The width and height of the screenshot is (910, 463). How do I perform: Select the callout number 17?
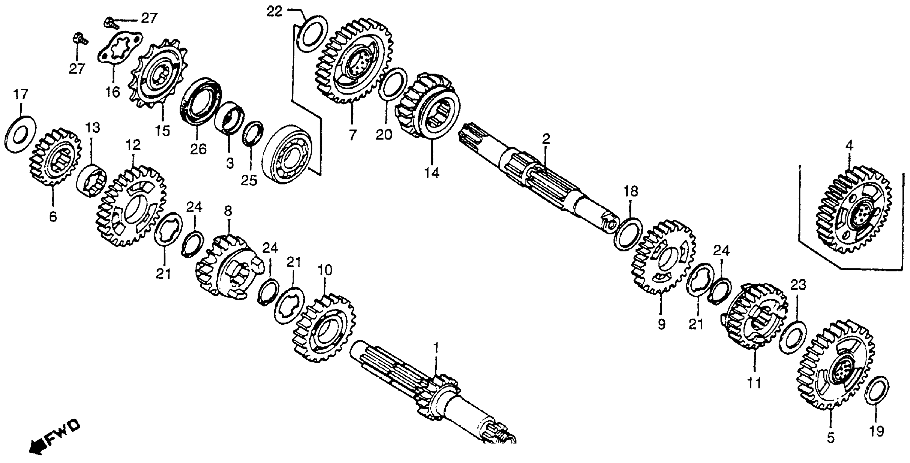pos(20,95)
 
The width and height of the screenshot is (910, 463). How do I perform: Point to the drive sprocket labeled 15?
pos(159,76)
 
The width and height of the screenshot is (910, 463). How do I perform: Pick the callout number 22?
pos(275,12)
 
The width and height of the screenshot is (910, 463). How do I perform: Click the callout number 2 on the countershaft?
pos(546,139)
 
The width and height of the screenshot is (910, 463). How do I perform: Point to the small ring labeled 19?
pos(876,391)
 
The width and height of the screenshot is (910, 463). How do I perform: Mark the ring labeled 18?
pos(628,234)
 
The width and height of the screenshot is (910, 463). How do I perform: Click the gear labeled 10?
pos(324,328)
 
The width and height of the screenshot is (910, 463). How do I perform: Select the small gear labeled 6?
pos(55,157)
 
